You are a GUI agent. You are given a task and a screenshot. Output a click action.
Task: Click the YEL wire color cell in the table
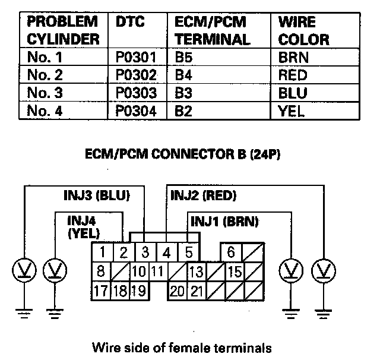tap(291, 111)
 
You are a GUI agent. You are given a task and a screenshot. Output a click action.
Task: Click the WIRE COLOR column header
tap(303, 31)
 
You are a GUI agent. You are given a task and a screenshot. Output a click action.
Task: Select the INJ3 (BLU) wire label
tap(96, 195)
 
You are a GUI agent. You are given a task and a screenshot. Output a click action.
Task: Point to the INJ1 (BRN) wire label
tap(224, 221)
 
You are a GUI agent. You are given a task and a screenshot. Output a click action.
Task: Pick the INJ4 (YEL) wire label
tap(83, 226)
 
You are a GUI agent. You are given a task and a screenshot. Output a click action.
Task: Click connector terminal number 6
tap(230, 252)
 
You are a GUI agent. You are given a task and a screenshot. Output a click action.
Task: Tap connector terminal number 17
tap(102, 291)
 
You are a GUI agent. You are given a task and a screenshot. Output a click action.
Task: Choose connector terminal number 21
tap(197, 291)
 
